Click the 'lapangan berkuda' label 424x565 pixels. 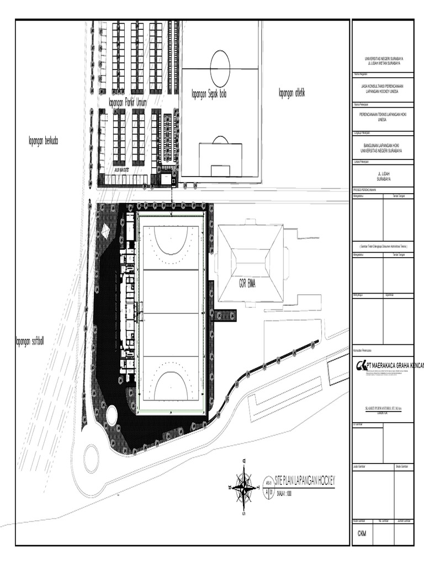tap(43, 141)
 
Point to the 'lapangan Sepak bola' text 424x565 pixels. tap(209, 94)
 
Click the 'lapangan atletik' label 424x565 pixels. tap(292, 93)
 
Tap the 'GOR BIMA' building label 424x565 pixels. tap(250, 284)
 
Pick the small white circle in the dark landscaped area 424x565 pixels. tap(112, 415)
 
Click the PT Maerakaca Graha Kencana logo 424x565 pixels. tap(362, 365)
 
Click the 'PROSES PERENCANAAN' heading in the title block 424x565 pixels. tap(364, 189)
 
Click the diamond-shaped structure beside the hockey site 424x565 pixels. tap(105, 232)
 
